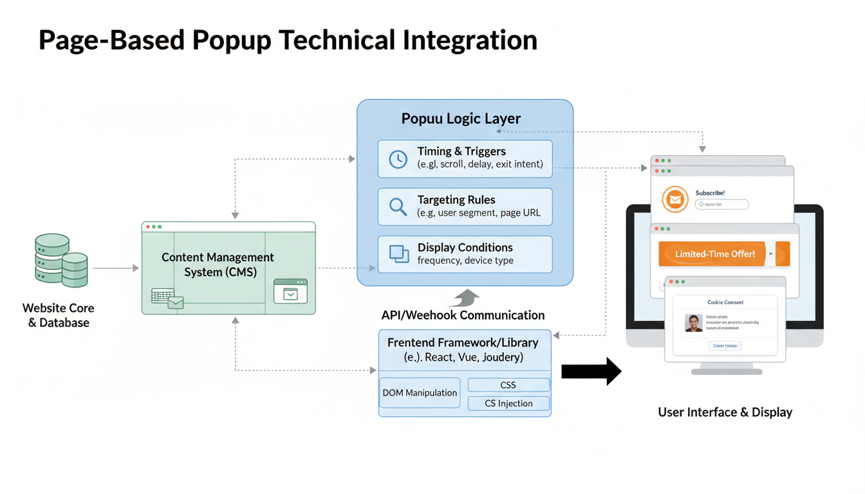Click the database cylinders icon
point(61,260)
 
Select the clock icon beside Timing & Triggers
point(398,159)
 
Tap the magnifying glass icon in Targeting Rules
point(398,206)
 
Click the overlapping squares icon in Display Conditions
point(399,254)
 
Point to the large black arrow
point(591,372)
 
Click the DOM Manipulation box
point(420,393)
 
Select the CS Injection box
point(508,403)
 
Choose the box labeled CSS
point(508,385)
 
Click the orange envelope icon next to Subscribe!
point(674,199)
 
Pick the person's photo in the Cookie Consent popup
point(693,323)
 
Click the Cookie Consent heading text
point(725,302)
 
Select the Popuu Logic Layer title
point(461,119)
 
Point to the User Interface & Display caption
point(725,412)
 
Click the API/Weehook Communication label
point(463,315)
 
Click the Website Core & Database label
point(59,316)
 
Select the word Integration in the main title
point(470,41)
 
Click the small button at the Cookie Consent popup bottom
point(725,345)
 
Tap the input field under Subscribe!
point(721,205)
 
